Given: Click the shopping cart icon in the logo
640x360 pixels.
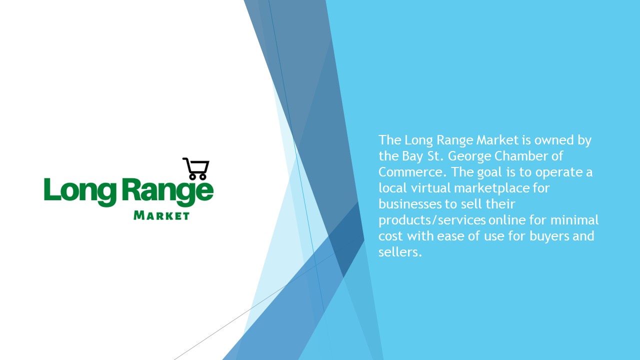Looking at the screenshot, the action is coord(196,168).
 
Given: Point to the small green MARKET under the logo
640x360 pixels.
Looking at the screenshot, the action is coord(161,215).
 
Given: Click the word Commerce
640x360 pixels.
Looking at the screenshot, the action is coord(410,172).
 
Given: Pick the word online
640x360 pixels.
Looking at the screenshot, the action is coord(507,220).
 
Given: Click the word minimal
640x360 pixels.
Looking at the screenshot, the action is coord(574,220).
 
